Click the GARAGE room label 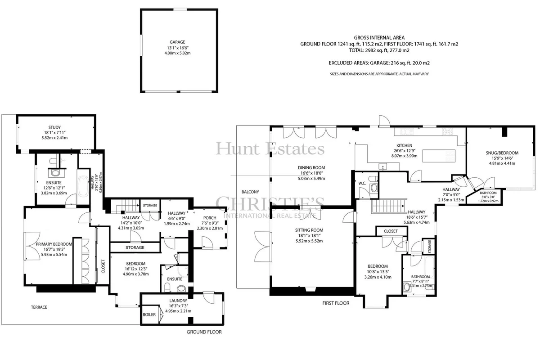pyautogui.click(x=177, y=42)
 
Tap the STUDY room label pyautogui.click(x=54, y=127)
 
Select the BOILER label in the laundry pyautogui.click(x=149, y=315)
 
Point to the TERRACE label pyautogui.click(x=39, y=307)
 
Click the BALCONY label pyautogui.click(x=250, y=192)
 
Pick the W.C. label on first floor pyautogui.click(x=362, y=183)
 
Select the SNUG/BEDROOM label pyautogui.click(x=502, y=153)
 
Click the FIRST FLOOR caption pyautogui.click(x=336, y=303)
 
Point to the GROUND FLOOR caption pyautogui.click(x=204, y=332)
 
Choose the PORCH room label pyautogui.click(x=210, y=218)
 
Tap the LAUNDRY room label pyautogui.click(x=178, y=301)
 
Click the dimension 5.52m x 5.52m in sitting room pyautogui.click(x=309, y=241)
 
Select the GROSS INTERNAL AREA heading pyautogui.click(x=379, y=38)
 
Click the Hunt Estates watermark pyautogui.click(x=270, y=148)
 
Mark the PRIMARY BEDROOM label pyautogui.click(x=54, y=244)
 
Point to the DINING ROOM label pyautogui.click(x=311, y=167)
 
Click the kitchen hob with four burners pyautogui.click(x=447, y=131)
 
